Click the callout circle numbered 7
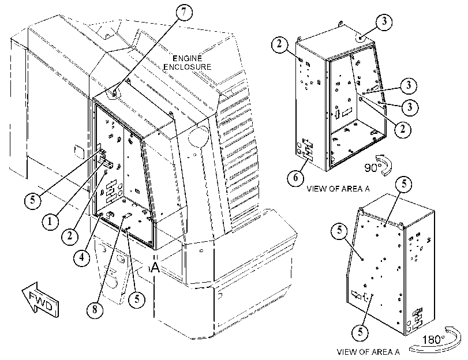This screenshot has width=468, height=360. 184,12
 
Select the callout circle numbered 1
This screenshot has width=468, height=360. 50,221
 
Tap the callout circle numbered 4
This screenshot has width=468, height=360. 82,257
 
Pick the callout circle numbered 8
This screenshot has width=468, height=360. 95,309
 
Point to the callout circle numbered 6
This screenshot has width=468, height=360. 295,178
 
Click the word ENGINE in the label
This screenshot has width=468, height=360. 188,58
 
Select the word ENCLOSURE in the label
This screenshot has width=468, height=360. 188,66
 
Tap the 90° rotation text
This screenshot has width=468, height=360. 371,168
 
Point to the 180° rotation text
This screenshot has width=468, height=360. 433,339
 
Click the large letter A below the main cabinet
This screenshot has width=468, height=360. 155,268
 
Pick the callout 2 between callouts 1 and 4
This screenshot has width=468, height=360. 70,236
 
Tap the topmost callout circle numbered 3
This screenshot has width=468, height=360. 384,21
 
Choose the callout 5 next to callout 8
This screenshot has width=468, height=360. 137,299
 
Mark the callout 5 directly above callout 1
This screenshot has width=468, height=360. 32,200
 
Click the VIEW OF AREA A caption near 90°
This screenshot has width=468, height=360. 338,189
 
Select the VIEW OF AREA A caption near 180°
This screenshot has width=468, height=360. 368,352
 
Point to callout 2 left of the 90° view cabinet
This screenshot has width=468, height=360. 279,44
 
